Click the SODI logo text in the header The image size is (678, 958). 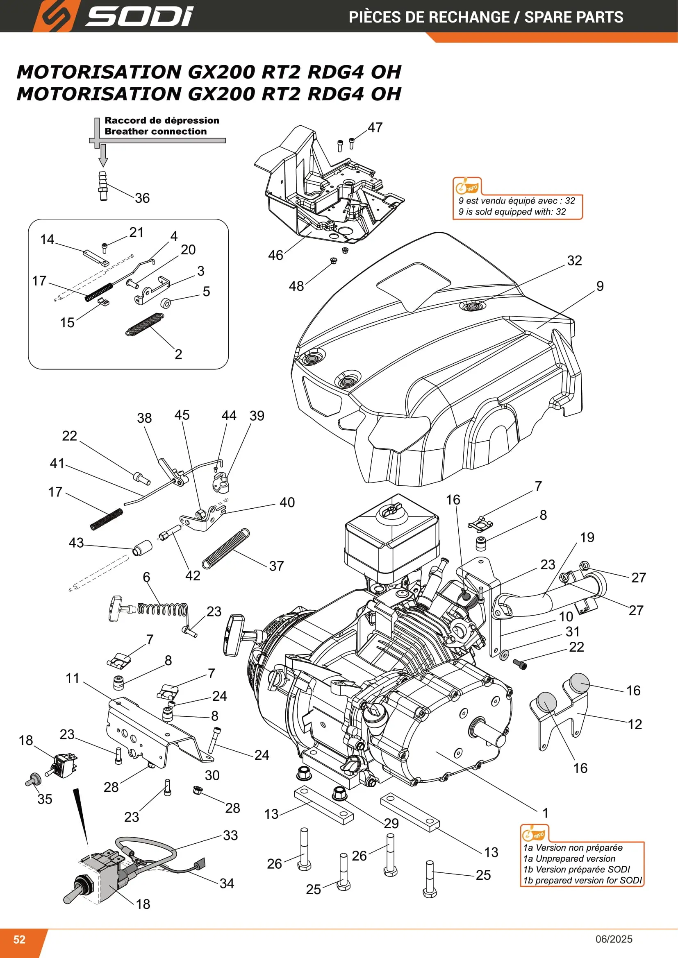point(139,16)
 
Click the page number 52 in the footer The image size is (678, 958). point(19,939)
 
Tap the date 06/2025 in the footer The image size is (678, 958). point(614,939)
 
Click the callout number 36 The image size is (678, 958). point(142,198)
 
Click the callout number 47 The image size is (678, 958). point(375,128)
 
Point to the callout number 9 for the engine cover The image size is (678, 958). point(600,286)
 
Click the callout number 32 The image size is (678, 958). point(574,261)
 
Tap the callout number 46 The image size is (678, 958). point(275,255)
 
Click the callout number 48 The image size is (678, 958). point(296,286)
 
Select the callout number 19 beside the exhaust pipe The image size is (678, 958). point(587,537)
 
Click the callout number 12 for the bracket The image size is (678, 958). point(635,725)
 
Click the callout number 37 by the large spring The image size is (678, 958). point(276,566)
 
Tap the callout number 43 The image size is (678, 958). point(76,543)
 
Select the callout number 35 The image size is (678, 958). point(45,799)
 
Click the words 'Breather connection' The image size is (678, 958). point(156,131)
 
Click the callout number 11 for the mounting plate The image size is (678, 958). point(73,678)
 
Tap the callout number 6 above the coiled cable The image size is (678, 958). point(146,577)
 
